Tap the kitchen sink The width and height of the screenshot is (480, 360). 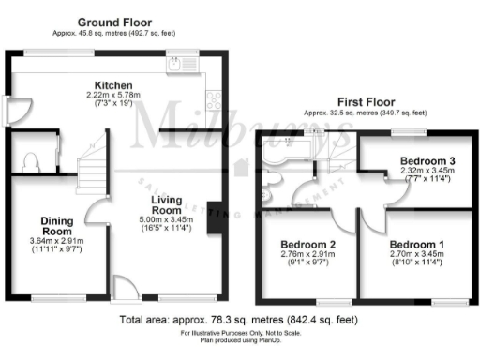(175, 65)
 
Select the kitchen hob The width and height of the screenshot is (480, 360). (214, 97)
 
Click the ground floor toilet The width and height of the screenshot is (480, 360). (29, 160)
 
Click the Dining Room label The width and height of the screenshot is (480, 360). (56, 226)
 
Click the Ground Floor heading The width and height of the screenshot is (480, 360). (114, 22)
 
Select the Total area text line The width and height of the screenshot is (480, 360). (240, 321)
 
